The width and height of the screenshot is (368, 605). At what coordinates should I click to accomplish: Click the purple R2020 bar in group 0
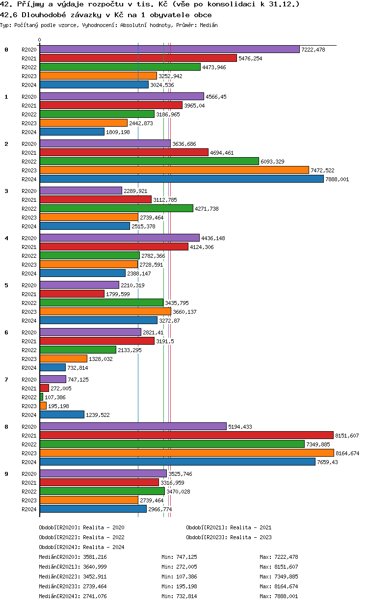(x=169, y=49)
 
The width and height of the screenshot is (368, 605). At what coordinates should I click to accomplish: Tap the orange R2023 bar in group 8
(x=186, y=453)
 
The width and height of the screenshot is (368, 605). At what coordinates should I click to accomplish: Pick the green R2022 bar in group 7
(x=41, y=397)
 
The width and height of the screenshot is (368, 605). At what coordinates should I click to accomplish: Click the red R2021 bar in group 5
(x=72, y=294)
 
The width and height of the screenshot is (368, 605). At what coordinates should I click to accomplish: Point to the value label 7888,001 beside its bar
(x=337, y=180)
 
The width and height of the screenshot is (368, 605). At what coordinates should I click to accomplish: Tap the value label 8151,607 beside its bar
(x=347, y=436)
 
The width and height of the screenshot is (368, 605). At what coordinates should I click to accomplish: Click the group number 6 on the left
(x=6, y=332)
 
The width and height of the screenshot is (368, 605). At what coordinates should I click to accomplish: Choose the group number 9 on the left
(x=6, y=474)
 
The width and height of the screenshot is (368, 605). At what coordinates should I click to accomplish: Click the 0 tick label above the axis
(x=40, y=40)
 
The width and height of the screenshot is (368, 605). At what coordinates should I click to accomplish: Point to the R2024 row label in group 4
(x=29, y=274)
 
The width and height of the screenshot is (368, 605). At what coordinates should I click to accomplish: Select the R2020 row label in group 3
(x=29, y=191)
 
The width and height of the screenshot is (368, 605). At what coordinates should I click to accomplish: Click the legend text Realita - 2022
(x=104, y=537)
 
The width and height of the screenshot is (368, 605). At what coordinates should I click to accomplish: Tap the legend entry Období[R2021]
(x=207, y=527)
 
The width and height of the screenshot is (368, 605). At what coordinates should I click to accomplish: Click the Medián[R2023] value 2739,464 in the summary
(x=95, y=586)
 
